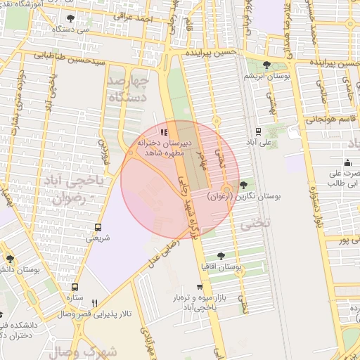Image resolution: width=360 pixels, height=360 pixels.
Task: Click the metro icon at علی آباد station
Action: [x=259, y=131]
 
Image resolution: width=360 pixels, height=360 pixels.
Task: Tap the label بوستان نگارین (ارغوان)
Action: [x=244, y=198]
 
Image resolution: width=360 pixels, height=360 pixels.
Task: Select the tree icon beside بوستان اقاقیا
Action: [x=221, y=256]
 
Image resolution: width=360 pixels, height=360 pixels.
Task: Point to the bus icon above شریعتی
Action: [x=98, y=227]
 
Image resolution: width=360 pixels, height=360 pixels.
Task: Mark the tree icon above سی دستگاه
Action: [x=70, y=18]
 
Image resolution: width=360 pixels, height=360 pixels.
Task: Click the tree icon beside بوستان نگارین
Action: [x=243, y=185]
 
